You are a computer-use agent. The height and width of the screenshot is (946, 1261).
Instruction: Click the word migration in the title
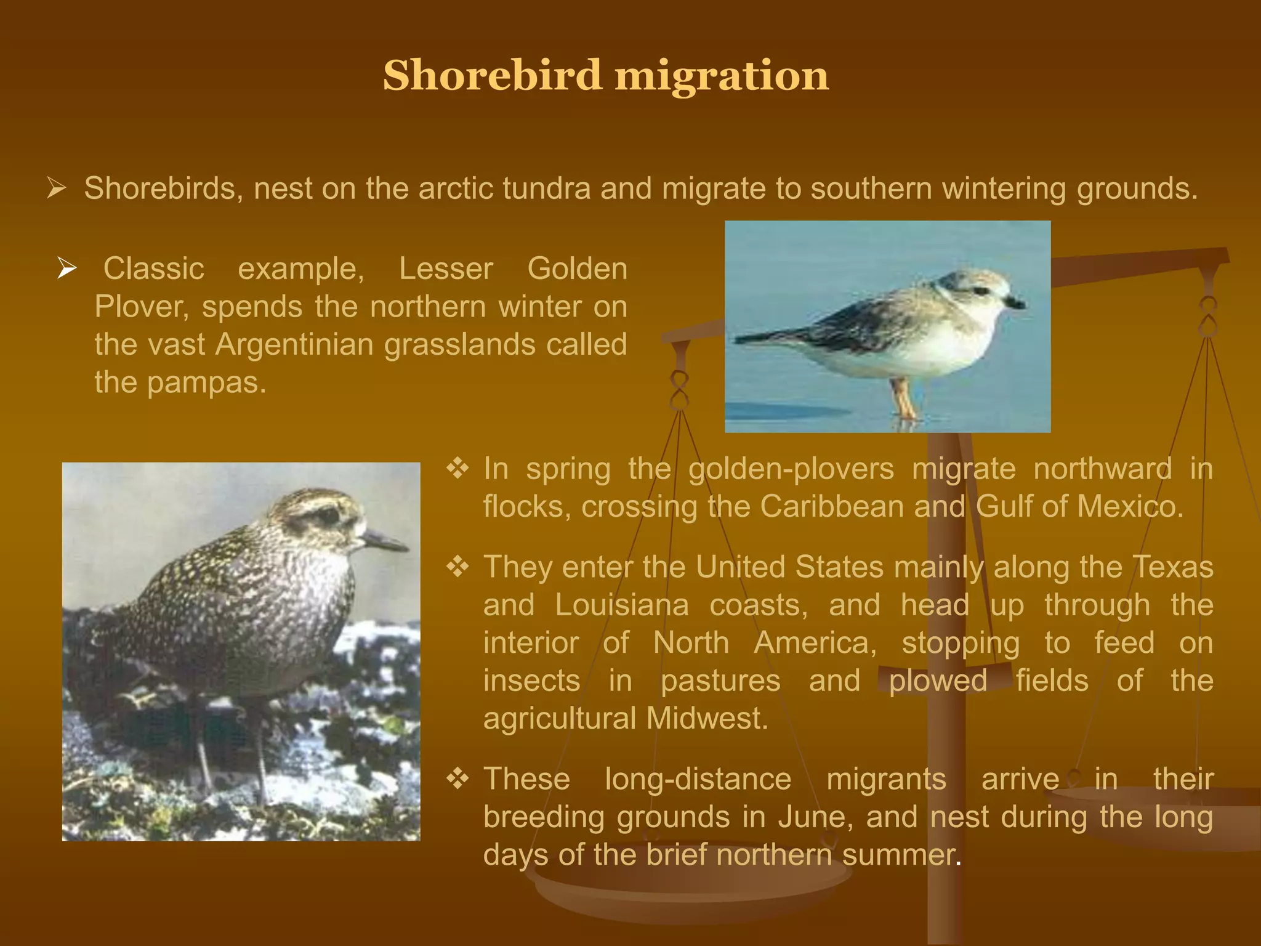tap(722, 76)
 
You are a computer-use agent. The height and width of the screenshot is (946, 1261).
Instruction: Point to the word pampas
tap(206, 382)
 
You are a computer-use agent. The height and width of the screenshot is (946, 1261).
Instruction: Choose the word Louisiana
tap(621, 605)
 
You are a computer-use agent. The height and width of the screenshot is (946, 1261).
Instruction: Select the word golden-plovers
tap(791, 469)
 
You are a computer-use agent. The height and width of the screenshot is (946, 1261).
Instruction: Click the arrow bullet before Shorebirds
tap(56, 188)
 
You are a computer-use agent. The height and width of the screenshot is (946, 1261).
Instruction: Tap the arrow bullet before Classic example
tap(66, 268)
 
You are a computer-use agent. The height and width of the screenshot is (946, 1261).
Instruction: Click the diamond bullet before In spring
tap(457, 469)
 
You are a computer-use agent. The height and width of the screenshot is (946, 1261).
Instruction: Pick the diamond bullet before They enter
tap(457, 567)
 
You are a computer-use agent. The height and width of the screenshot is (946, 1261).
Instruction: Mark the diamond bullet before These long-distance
tap(457, 779)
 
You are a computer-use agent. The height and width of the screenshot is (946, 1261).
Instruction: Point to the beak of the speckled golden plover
tap(385, 541)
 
